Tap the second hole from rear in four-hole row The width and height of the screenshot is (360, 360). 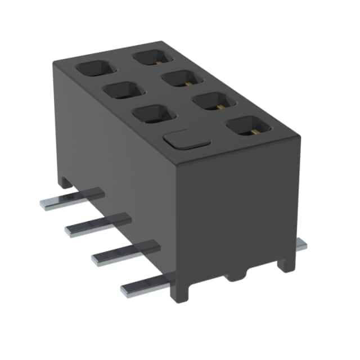(181, 78)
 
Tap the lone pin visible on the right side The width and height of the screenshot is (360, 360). (301, 244)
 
